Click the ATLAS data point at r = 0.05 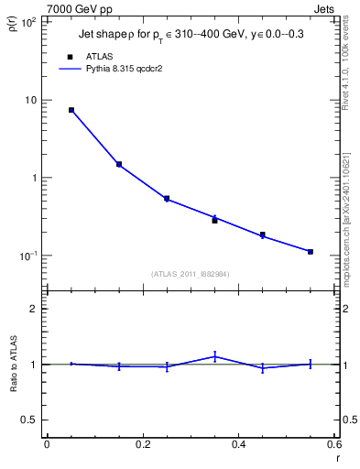(x=71, y=110)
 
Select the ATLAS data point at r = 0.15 (x=119, y=165)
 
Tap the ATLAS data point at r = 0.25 (x=167, y=198)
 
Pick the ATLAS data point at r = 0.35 (x=214, y=221)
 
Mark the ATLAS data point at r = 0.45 (x=263, y=235)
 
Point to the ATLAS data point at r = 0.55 (x=311, y=252)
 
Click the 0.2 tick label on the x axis (x=142, y=443)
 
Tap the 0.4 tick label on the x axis (x=238, y=443)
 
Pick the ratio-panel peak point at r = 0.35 (x=214, y=356)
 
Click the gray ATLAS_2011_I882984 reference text (x=191, y=274)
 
